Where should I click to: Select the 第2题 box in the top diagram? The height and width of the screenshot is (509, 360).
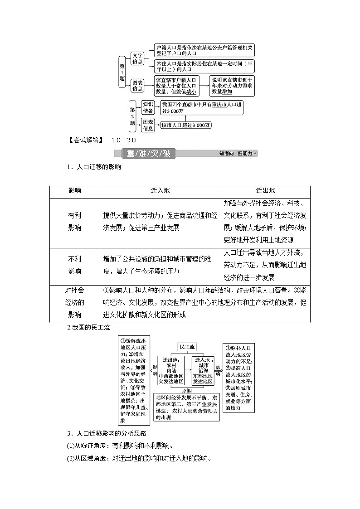pyautogui.click(x=132, y=116)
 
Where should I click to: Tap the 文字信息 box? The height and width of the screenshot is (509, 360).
pyautogui.click(x=138, y=59)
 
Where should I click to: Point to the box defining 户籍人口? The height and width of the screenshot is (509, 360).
pyautogui.click(x=204, y=50)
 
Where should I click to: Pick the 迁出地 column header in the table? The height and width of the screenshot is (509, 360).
pyautogui.click(x=266, y=191)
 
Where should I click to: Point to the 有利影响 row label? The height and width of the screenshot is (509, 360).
pyautogui.click(x=74, y=223)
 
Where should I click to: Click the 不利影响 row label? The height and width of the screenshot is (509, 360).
pyautogui.click(x=74, y=265)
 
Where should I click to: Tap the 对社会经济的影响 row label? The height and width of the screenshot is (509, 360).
pyautogui.click(x=74, y=302)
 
